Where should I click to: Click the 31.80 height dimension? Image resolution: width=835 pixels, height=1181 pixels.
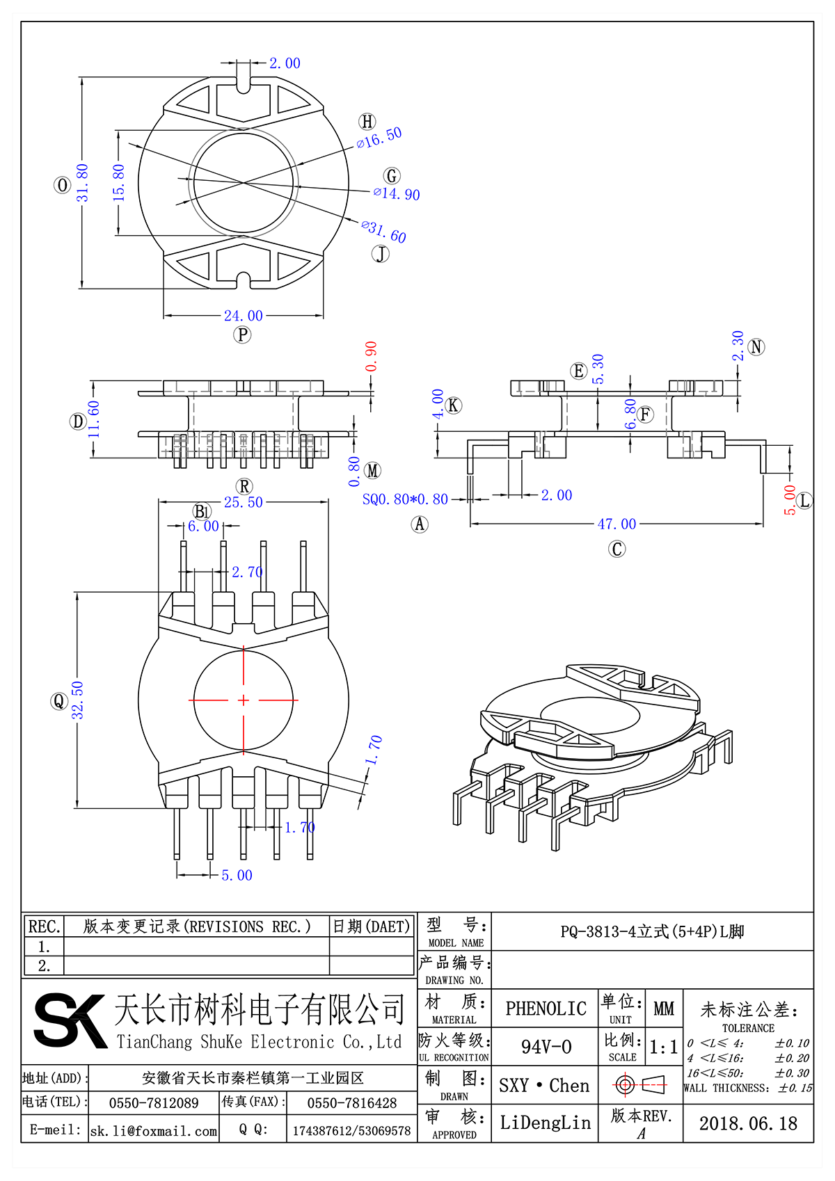pyautogui.click(x=83, y=182)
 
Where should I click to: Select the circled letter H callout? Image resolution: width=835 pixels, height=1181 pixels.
pyautogui.click(x=367, y=122)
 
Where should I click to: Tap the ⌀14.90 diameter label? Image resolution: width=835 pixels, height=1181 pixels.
pyautogui.click(x=397, y=194)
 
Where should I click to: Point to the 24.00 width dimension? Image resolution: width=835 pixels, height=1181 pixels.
pyautogui.click(x=243, y=316)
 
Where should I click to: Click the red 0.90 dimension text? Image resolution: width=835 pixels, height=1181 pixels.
pyautogui.click(x=371, y=356)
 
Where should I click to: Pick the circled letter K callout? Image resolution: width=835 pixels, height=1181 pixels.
pyautogui.click(x=454, y=405)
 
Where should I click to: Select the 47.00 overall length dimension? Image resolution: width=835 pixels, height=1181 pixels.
pyautogui.click(x=617, y=524)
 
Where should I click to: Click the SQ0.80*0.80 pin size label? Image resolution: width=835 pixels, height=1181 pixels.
pyautogui.click(x=405, y=499)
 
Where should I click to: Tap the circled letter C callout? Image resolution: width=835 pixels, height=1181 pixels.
pyautogui.click(x=617, y=549)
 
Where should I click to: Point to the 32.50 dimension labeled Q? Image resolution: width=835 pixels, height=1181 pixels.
pyautogui.click(x=77, y=700)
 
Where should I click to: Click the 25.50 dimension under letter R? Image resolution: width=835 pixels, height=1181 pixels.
pyautogui.click(x=243, y=502)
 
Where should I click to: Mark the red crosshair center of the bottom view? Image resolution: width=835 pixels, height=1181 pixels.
pyautogui.click(x=243, y=700)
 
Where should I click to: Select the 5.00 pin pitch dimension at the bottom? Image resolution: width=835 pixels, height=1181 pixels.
pyautogui.click(x=237, y=875)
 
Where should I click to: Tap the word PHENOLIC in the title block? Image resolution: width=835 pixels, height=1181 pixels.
pyautogui.click(x=546, y=1009)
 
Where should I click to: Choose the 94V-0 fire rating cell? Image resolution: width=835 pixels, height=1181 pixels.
pyautogui.click(x=546, y=1047)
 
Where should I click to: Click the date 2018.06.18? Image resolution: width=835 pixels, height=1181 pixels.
pyautogui.click(x=748, y=1123)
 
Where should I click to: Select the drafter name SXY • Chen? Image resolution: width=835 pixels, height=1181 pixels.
pyautogui.click(x=543, y=1086)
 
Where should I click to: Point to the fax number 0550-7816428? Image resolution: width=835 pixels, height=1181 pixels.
pyautogui.click(x=351, y=1103)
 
